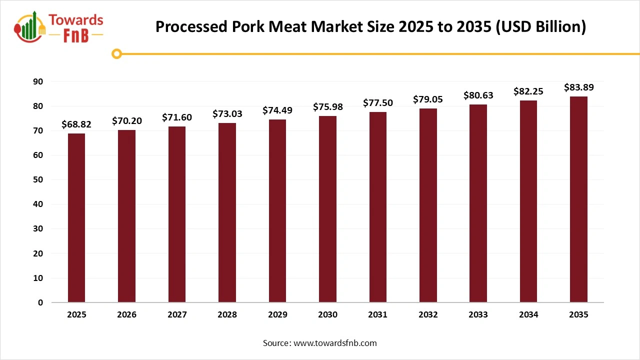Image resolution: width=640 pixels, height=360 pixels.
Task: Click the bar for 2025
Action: pyautogui.click(x=76, y=218)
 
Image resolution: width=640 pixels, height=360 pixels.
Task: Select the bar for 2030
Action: pyautogui.click(x=327, y=209)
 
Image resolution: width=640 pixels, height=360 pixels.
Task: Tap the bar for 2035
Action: pyautogui.click(x=578, y=199)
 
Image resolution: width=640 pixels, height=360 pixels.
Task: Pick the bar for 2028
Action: pyautogui.click(x=227, y=212)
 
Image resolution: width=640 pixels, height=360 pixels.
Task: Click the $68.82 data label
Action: pyautogui.click(x=76, y=124)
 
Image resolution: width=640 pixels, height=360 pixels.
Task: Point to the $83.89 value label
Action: pyautogui.click(x=578, y=87)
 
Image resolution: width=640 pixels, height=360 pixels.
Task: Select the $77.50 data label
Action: pyautogui.click(x=377, y=103)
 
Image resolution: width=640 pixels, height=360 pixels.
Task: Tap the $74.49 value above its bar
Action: pyautogui.click(x=277, y=110)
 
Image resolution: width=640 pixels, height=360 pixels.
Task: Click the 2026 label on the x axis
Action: pyautogui.click(x=126, y=315)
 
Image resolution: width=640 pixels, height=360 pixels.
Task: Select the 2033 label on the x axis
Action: pyautogui.click(x=478, y=315)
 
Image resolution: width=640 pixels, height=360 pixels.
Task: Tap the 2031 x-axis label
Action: pyautogui.click(x=377, y=315)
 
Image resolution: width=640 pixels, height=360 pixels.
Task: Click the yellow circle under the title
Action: pyautogui.click(x=117, y=53)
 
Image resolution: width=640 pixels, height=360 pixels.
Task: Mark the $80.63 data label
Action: pyautogui.click(x=478, y=95)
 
